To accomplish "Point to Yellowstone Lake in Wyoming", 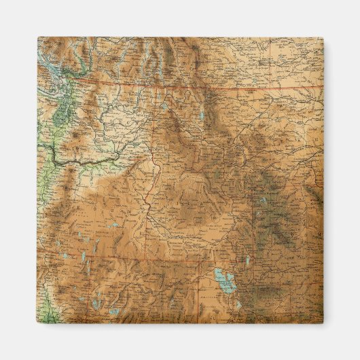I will click(x=261, y=201).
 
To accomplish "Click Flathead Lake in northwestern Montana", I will click(x=165, y=107).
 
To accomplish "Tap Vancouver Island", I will click(x=42, y=58).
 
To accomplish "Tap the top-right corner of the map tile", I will click(x=323, y=38).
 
